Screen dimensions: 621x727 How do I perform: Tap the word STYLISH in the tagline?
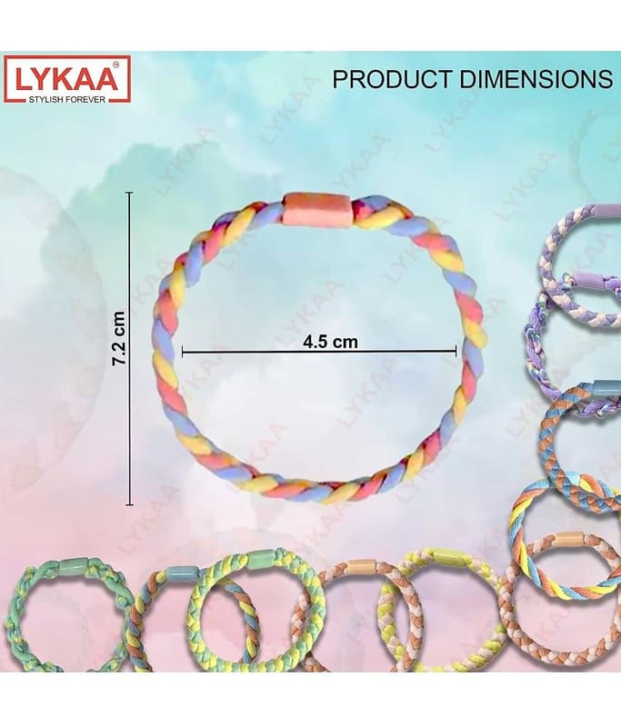(x=44, y=99)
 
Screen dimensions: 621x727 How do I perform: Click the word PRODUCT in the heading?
(x=393, y=79)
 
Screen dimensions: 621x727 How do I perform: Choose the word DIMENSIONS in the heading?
(x=536, y=79)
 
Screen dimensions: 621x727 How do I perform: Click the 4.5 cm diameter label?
(x=330, y=342)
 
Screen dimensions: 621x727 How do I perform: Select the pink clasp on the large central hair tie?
(x=318, y=210)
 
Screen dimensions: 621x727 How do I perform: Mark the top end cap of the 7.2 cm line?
(x=129, y=193)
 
